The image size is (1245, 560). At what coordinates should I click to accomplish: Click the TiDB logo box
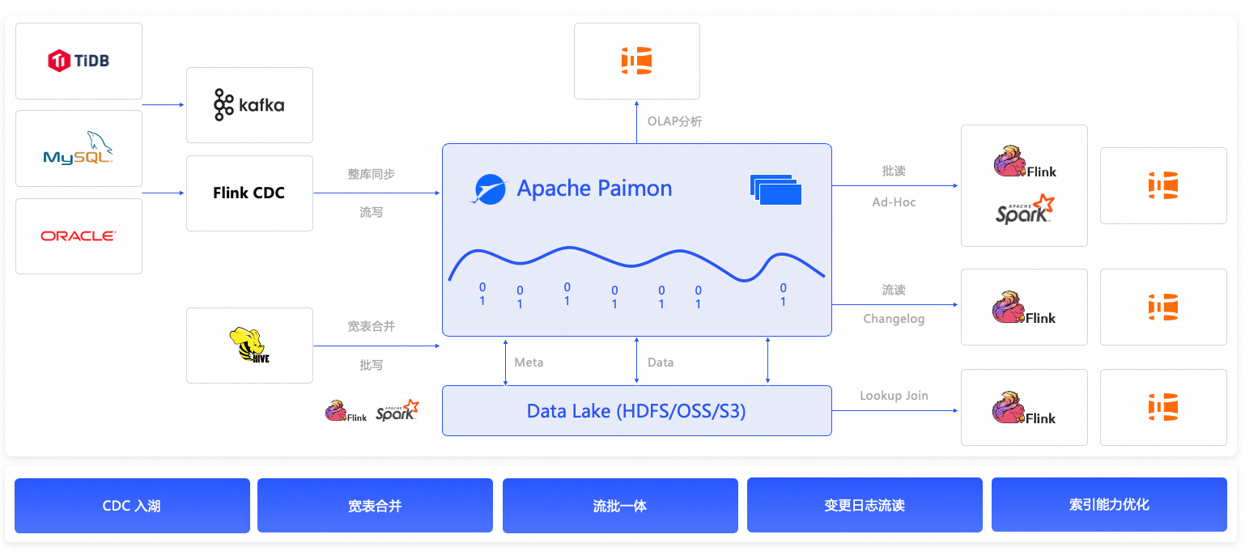tap(79, 61)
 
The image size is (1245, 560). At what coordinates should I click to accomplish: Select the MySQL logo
tap(79, 148)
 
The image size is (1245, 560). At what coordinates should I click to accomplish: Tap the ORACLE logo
tap(79, 236)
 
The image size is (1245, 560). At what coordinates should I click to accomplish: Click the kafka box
tap(249, 105)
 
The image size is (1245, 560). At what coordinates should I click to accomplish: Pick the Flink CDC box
tap(249, 193)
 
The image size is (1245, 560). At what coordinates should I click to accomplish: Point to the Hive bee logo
tap(249, 346)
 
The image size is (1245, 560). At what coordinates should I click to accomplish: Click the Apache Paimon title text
tap(594, 189)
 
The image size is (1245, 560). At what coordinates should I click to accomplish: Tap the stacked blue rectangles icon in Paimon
tap(775, 189)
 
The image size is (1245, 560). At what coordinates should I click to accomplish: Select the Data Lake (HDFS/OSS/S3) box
tap(636, 411)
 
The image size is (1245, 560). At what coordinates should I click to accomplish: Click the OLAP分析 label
tap(674, 121)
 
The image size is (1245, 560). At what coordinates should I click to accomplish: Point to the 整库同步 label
tap(371, 174)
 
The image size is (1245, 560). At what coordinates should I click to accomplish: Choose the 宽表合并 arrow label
tap(371, 326)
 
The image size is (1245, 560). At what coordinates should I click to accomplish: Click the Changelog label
tap(894, 319)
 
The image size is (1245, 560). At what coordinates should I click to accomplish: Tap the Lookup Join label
tap(894, 396)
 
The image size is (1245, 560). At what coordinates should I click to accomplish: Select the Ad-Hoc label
tap(894, 202)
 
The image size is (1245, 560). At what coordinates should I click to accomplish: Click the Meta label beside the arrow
tap(529, 363)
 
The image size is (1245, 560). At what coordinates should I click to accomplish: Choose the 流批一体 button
tap(620, 506)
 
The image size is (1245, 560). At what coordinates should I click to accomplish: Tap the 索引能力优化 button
tap(1109, 505)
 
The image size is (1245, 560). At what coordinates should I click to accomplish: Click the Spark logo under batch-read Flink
tap(1024, 210)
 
